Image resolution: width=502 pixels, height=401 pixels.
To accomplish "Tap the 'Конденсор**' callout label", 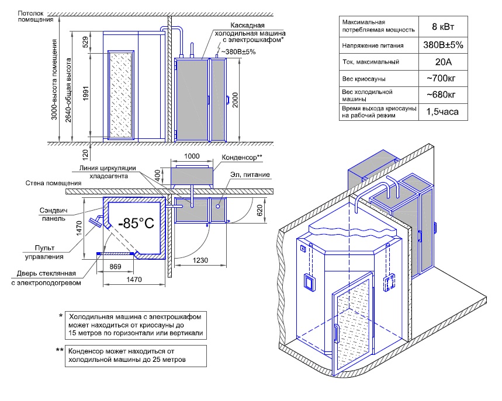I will (243, 158).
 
